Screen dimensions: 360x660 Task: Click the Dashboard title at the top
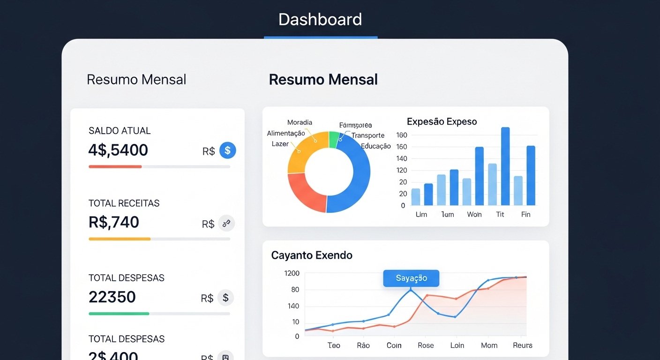(x=320, y=20)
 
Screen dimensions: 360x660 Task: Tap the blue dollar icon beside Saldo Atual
(x=227, y=150)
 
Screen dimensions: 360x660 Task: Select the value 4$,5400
(x=118, y=150)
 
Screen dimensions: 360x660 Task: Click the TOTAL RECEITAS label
(x=124, y=203)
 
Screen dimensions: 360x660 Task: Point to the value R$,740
(x=114, y=222)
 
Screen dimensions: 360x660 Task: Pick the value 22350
(x=112, y=297)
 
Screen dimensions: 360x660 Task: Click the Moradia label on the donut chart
(x=300, y=122)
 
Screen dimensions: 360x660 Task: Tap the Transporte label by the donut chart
(x=368, y=135)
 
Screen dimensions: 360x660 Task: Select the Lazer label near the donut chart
(x=280, y=144)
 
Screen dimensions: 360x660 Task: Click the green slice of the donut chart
(x=334, y=140)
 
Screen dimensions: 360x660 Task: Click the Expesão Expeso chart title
(x=442, y=122)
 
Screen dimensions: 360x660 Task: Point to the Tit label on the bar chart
(x=500, y=214)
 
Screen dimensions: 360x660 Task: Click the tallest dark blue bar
(x=505, y=166)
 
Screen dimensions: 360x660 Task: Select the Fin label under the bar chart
(x=526, y=214)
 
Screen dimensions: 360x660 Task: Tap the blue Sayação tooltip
(x=411, y=278)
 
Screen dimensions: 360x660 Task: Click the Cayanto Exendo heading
(x=312, y=255)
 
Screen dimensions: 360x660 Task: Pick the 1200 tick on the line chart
(x=292, y=273)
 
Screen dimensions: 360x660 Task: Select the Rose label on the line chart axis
(x=426, y=345)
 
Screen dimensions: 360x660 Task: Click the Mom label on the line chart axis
(x=489, y=345)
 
